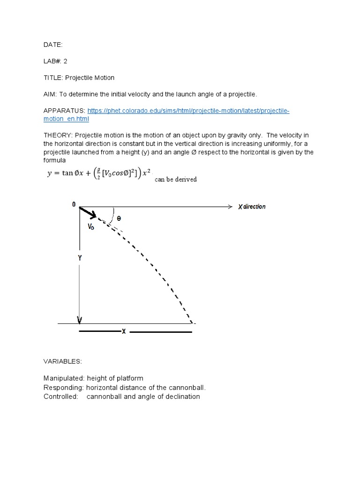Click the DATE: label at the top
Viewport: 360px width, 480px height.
(53, 45)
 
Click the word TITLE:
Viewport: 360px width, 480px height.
(52, 77)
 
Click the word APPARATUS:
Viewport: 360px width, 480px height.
(64, 111)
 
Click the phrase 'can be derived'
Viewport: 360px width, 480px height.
(175, 179)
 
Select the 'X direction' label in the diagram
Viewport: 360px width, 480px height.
(251, 207)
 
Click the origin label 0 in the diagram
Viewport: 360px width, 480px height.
(74, 204)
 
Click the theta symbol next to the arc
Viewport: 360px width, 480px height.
(119, 218)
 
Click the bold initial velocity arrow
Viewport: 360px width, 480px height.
(88, 213)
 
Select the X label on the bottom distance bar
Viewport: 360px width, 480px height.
(124, 331)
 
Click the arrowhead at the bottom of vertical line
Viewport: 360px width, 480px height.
(80, 320)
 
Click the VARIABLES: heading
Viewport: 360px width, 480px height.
(62, 361)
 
